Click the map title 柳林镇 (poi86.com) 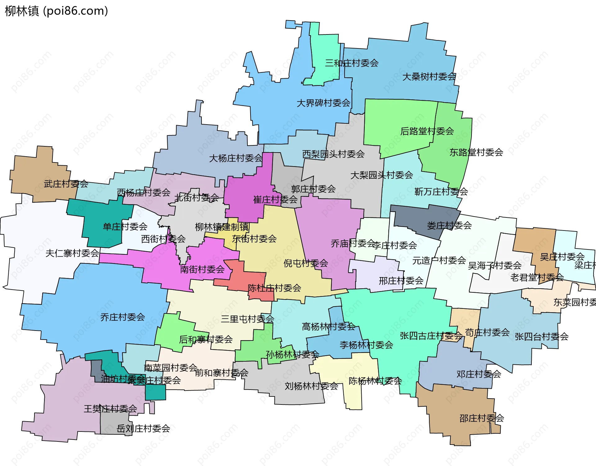(x=56, y=11)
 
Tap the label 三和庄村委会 (x=352, y=63)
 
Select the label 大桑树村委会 (x=429, y=76)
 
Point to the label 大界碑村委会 (x=323, y=103)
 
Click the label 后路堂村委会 (x=427, y=131)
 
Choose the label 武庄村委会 (x=66, y=184)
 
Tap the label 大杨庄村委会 (x=236, y=158)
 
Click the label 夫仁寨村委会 (x=72, y=253)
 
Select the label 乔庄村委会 (x=123, y=317)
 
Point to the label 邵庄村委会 (x=481, y=418)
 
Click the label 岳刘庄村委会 (x=143, y=428)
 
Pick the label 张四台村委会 (x=541, y=336)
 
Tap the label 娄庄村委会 (x=449, y=226)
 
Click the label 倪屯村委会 (x=306, y=263)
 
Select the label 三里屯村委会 (x=247, y=319)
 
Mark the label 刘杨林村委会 (x=311, y=386)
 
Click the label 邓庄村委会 (x=479, y=374)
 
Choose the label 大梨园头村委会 (x=382, y=175)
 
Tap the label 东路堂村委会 (x=476, y=152)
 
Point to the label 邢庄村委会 (x=401, y=281)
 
